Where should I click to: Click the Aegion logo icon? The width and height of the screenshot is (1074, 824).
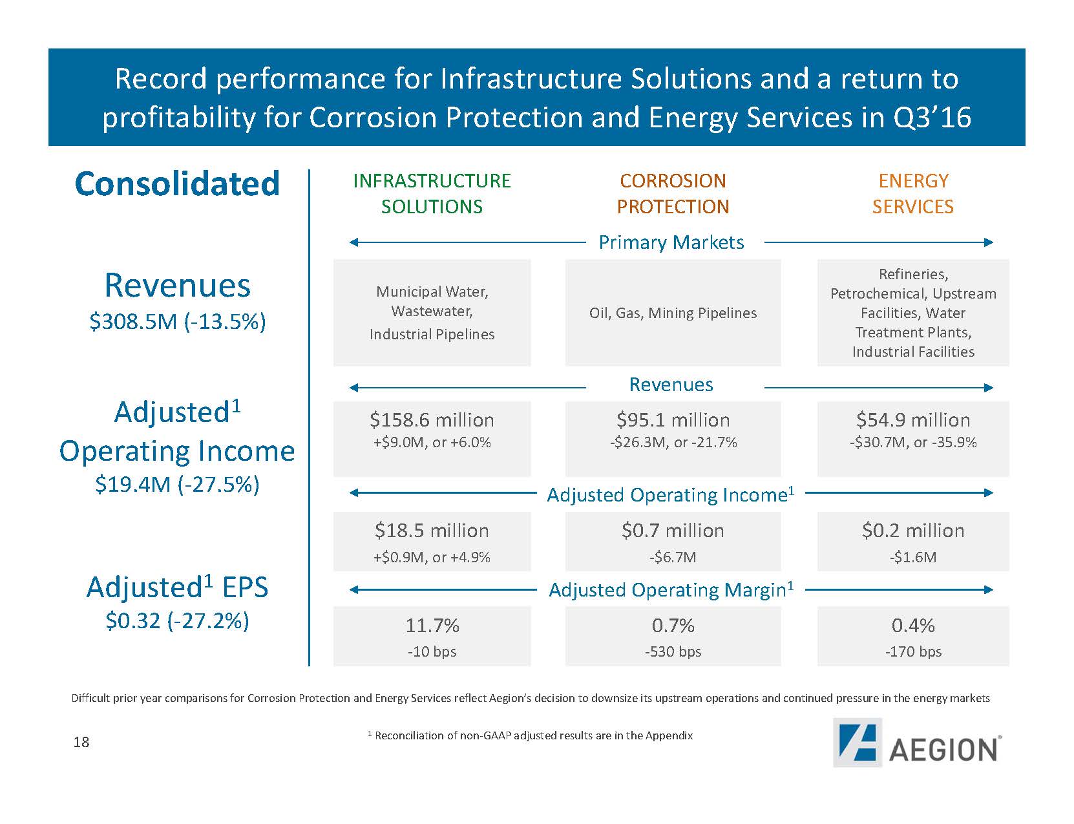[x=857, y=743]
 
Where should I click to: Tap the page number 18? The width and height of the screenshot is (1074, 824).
[x=81, y=742]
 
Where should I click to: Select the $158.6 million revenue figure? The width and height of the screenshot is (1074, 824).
[x=432, y=420]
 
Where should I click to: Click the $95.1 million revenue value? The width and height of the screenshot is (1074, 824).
[x=673, y=420]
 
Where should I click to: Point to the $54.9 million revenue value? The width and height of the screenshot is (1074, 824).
[x=912, y=420]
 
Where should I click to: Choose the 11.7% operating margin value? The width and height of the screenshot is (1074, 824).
[x=432, y=626]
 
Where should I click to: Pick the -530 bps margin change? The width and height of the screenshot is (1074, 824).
[x=673, y=651]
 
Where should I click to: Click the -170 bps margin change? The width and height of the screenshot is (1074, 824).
[x=912, y=651]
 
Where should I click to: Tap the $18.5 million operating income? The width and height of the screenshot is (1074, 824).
[x=432, y=531]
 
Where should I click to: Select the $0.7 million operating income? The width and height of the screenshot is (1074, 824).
[x=673, y=531]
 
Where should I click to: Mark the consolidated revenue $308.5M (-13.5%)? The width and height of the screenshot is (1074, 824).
[x=177, y=321]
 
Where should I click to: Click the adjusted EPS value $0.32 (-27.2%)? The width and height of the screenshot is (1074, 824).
[x=177, y=620]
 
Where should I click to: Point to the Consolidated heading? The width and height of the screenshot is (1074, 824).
[x=177, y=184]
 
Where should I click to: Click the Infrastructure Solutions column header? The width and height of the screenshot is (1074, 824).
[x=432, y=193]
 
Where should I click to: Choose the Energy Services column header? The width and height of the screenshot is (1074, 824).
[x=912, y=193]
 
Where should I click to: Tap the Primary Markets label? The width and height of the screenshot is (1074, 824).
[x=671, y=242]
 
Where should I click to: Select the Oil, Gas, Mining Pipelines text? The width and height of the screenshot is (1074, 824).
[x=673, y=313]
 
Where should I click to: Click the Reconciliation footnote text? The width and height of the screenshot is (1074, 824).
[x=531, y=735]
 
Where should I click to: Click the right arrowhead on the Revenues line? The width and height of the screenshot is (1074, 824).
[x=988, y=388]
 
